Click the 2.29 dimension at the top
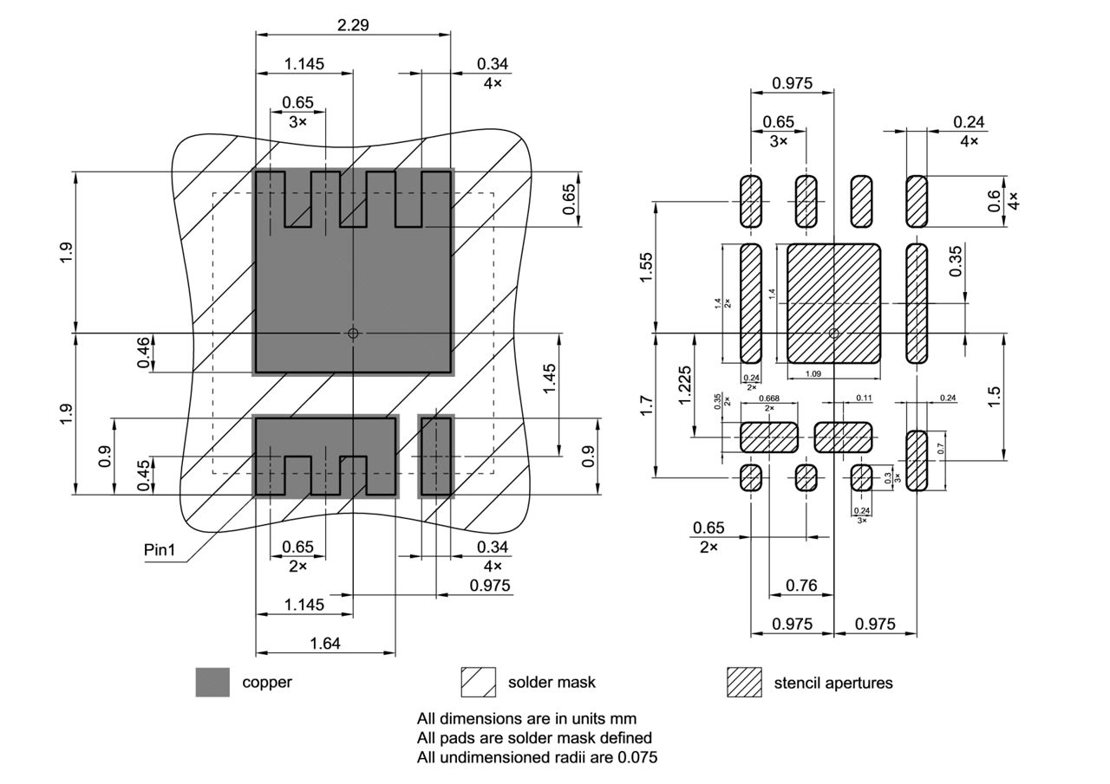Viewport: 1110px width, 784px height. coord(353,25)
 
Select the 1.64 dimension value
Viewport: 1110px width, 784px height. coord(325,643)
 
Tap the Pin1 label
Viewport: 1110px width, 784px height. coord(160,550)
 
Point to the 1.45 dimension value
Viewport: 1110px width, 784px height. coord(550,379)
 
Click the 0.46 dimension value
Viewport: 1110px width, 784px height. coord(144,353)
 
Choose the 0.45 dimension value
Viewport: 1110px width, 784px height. coord(144,475)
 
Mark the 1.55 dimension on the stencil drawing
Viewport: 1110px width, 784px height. coord(647,266)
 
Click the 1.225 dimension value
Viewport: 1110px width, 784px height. coord(686,385)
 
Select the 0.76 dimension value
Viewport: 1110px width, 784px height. coord(800,586)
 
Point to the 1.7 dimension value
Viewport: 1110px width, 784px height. coord(647,405)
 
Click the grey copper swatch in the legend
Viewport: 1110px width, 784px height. coord(212,683)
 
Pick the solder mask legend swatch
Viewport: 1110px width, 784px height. coord(478,683)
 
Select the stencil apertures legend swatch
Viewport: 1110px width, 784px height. coord(743,683)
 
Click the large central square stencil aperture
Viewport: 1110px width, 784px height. coord(833,303)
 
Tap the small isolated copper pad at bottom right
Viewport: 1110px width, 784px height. coord(436,457)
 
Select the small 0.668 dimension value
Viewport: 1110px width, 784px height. coord(768,399)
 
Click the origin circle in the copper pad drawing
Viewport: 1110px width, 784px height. coord(353,333)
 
